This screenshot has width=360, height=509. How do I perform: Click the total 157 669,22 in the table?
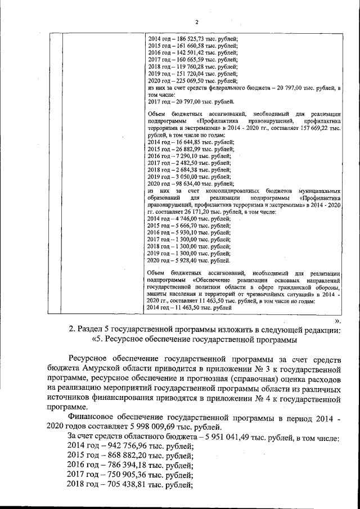click(323, 129)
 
